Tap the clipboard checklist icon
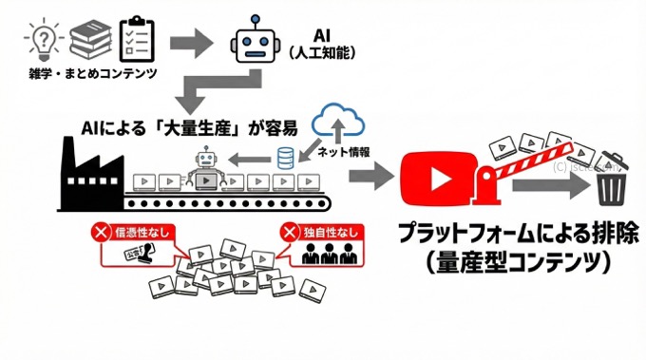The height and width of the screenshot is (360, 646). [x=138, y=39]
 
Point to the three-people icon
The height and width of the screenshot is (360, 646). [x=321, y=254]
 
